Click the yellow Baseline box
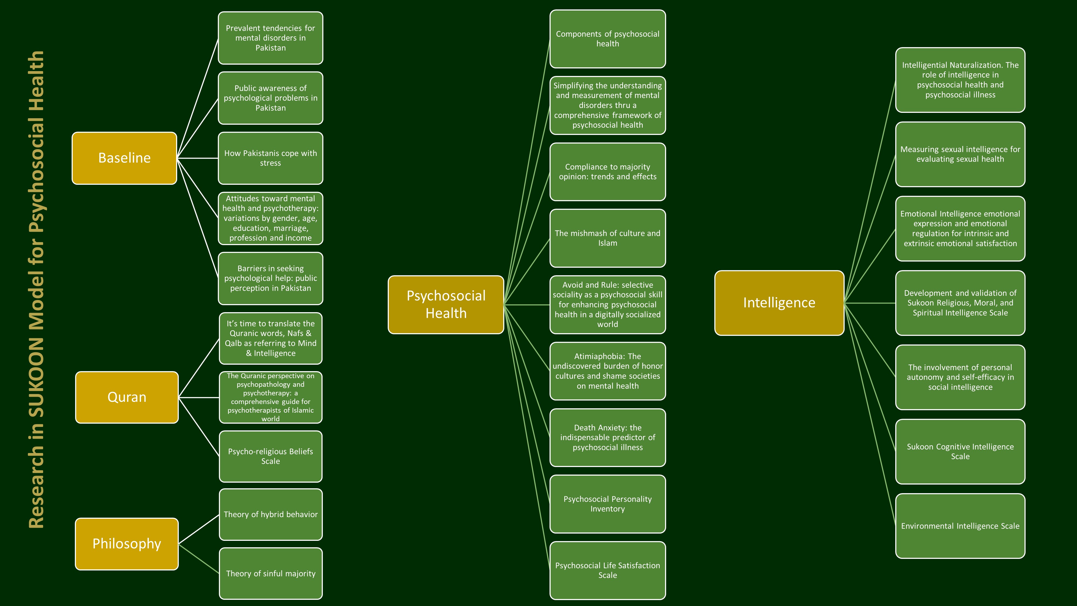click(124, 158)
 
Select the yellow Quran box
click(127, 397)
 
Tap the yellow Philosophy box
click(127, 544)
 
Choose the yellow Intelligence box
click(779, 303)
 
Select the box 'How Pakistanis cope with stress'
click(271, 158)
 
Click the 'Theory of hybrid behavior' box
click(271, 514)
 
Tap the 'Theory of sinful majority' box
click(271, 573)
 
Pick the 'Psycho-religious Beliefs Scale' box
click(271, 456)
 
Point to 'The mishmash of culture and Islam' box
click(607, 238)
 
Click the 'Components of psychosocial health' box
click(607, 39)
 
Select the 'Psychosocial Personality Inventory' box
click(607, 504)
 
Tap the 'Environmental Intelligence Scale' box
click(960, 526)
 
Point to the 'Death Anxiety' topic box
click(607, 437)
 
